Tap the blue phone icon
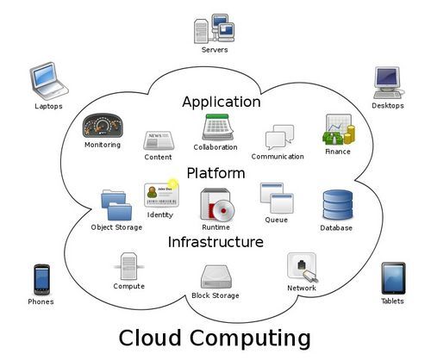coord(41,280)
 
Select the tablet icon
coord(393,278)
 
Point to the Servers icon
coord(214,28)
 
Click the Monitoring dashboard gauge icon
coord(103,126)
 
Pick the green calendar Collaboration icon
coord(217,127)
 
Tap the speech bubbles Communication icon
coord(279,137)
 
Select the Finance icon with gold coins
coord(339,129)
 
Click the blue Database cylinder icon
coord(338,205)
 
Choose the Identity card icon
coord(161,195)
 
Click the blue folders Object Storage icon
coord(116,205)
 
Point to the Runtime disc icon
coord(217,204)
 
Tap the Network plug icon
coord(303,267)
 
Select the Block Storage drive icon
coord(216,276)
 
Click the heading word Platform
coord(215,173)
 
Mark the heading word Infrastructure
coord(215,242)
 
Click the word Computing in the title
coord(250,338)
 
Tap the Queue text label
coord(276,220)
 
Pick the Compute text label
coord(128,286)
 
